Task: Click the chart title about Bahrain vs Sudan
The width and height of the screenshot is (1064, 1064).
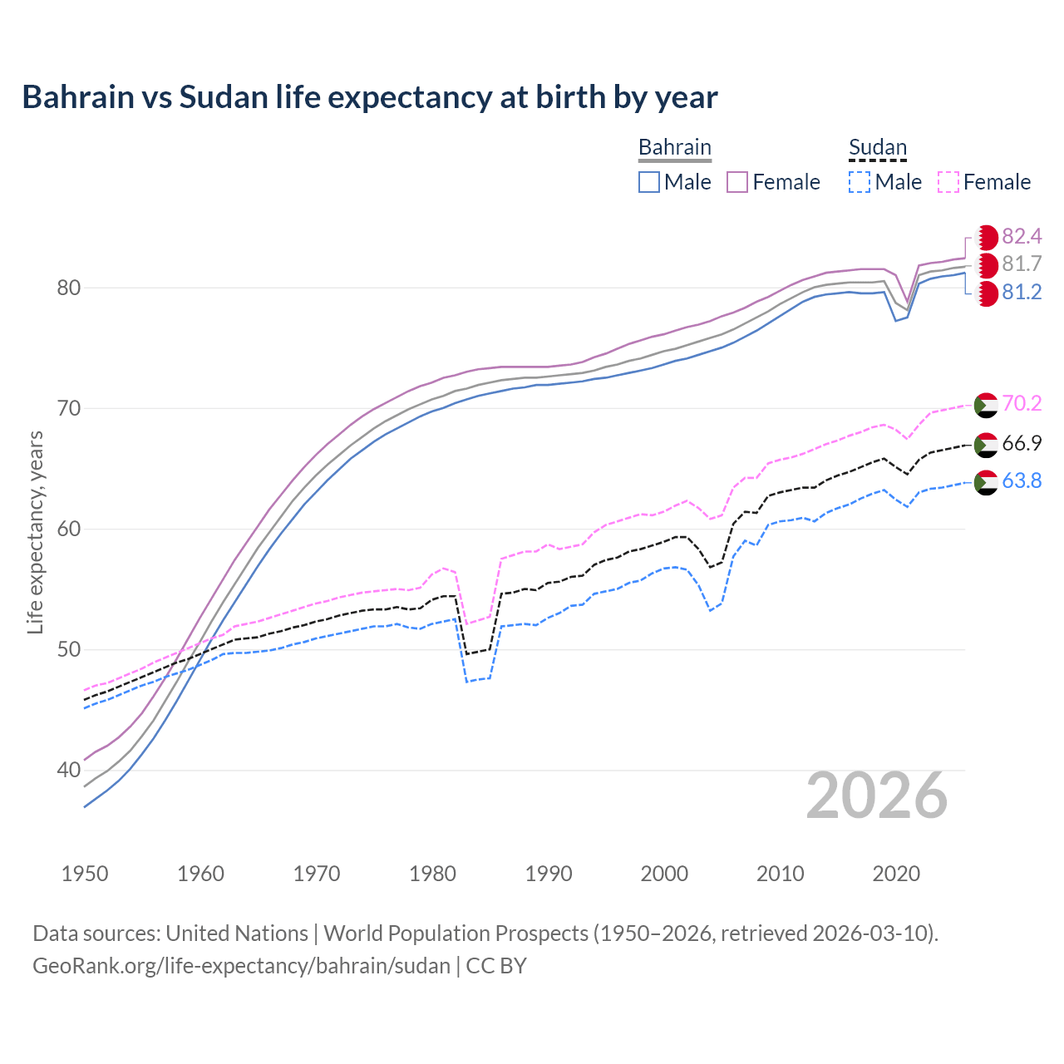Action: point(369,97)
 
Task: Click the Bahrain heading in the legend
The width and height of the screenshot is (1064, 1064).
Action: point(674,147)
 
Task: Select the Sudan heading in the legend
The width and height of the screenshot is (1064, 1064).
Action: point(877,147)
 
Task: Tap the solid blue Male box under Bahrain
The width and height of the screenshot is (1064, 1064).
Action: point(649,182)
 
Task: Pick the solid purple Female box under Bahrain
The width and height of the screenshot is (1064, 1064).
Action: point(737,182)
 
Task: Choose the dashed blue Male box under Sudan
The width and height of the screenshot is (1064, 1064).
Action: point(860,182)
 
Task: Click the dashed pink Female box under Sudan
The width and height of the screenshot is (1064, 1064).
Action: point(948,182)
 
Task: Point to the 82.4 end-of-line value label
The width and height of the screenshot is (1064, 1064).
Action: point(1022,237)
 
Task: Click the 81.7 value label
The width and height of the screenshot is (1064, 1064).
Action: point(1022,264)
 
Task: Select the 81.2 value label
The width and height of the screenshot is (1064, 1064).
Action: point(1022,293)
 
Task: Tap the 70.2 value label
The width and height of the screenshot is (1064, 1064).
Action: point(1022,404)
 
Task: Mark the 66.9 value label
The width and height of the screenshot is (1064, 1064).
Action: point(1022,444)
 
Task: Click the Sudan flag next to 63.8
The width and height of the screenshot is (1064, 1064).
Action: point(986,482)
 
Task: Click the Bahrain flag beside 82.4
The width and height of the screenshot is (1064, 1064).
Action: point(987,238)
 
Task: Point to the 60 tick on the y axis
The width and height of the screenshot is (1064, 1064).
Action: point(68,530)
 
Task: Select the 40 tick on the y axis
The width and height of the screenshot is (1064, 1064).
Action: point(68,771)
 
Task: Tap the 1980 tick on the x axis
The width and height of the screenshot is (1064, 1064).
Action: point(433,874)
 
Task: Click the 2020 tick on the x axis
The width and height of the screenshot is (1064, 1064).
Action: point(896,874)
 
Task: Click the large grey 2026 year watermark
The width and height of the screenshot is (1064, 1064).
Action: point(876,796)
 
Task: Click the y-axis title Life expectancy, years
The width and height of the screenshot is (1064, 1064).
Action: point(36,532)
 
